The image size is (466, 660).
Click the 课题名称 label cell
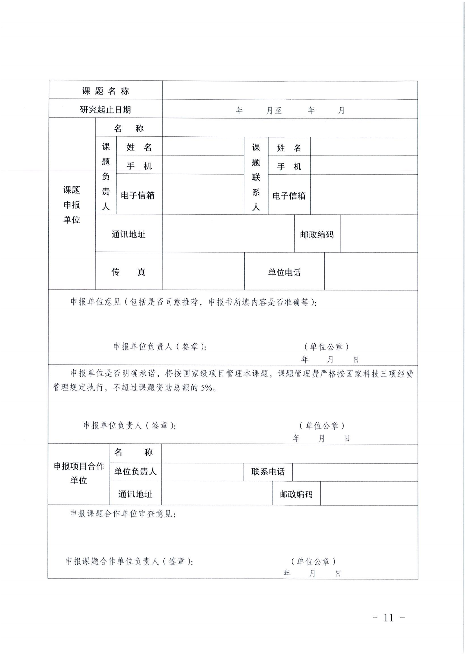(105, 91)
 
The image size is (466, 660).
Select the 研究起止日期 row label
(105, 110)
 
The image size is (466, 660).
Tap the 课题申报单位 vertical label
(72, 205)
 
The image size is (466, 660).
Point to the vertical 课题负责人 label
(106, 176)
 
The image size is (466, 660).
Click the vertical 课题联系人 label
(256, 177)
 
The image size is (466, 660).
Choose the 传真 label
(128, 272)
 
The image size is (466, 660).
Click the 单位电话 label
(284, 272)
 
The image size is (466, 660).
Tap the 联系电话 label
(268, 472)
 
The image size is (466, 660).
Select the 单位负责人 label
(135, 472)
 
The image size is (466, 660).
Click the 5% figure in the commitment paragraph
(206, 388)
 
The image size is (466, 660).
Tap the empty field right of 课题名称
(290, 90)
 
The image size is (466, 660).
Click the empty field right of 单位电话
(371, 271)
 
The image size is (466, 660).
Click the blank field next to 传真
(203, 271)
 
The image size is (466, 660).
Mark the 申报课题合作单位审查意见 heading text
(123, 514)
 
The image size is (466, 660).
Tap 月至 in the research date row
(274, 111)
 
